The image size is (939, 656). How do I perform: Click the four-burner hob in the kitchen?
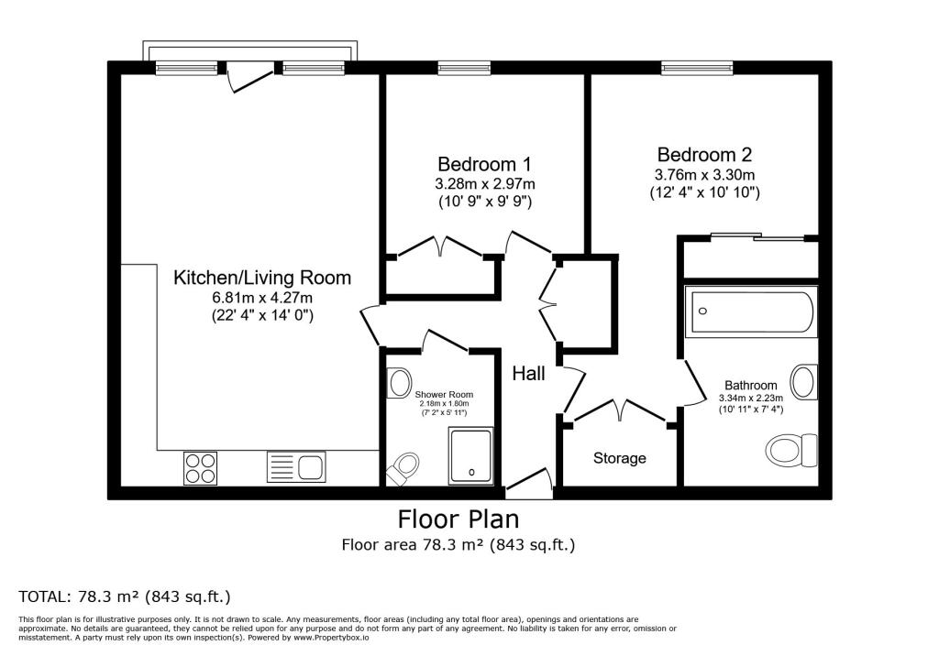(200, 467)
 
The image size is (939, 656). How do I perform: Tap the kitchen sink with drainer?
(295, 467)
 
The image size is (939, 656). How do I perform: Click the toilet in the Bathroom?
(791, 449)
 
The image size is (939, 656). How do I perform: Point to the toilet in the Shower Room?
(403, 470)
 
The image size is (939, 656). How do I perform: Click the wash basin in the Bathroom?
(804, 381)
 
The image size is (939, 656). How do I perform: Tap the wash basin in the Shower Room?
(400, 382)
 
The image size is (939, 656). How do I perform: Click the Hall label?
(529, 374)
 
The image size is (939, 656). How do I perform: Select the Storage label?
(619, 458)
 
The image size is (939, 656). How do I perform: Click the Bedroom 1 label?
(483, 164)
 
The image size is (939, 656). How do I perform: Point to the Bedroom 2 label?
(703, 155)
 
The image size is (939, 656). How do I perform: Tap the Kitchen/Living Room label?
(262, 278)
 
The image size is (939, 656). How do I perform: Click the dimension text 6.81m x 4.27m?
(262, 298)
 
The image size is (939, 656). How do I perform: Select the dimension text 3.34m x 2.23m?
(751, 399)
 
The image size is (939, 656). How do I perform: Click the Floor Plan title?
(458, 519)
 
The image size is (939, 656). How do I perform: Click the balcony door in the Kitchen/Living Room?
(249, 75)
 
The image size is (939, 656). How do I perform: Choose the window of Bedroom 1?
(464, 67)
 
